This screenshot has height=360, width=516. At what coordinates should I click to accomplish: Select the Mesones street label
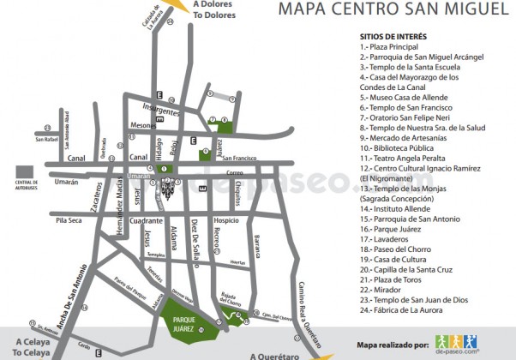click(x=142, y=125)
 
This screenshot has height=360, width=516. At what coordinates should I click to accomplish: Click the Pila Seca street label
click(x=69, y=220)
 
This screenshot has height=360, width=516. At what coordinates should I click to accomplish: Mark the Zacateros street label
click(x=88, y=201)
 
